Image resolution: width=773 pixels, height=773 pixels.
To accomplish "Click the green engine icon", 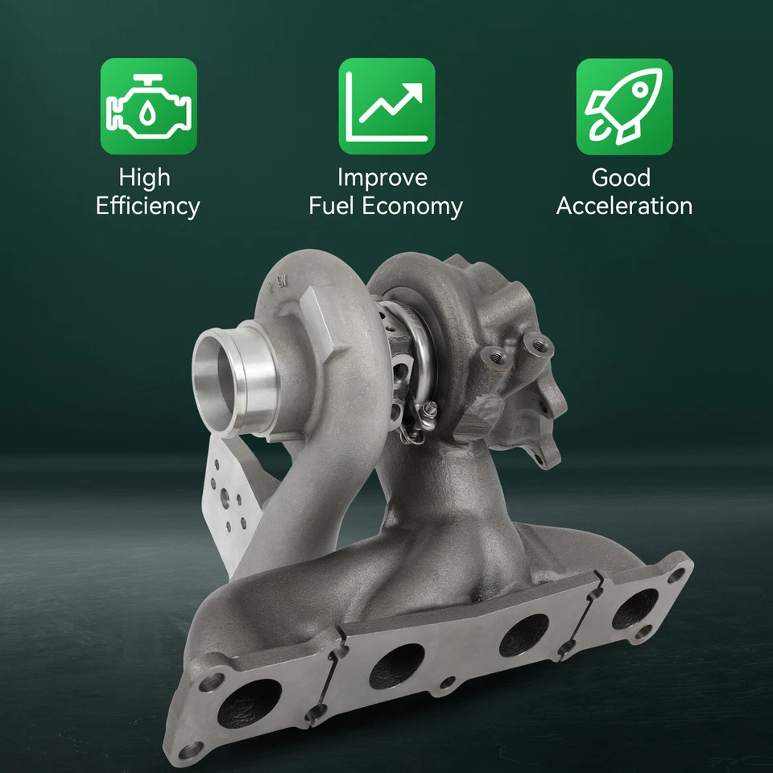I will click(148, 106).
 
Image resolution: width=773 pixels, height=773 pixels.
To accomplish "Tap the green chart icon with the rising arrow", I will click(386, 106).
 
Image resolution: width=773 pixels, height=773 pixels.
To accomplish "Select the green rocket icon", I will click(624, 106).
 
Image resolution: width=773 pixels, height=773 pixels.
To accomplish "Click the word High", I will click(145, 177).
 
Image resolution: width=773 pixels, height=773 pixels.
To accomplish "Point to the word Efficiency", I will click(147, 206).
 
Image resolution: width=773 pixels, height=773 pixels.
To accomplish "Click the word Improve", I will click(382, 177).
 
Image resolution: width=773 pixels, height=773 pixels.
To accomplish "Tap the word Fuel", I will click(332, 206).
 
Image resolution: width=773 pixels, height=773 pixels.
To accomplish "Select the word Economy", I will click(411, 206).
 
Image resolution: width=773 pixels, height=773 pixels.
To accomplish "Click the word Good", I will click(621, 177).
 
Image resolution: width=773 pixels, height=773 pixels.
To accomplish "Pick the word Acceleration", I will click(624, 206).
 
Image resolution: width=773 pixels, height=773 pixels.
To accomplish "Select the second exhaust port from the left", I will click(396, 665).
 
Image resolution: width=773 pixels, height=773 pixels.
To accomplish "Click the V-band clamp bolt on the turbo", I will click(427, 411).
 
